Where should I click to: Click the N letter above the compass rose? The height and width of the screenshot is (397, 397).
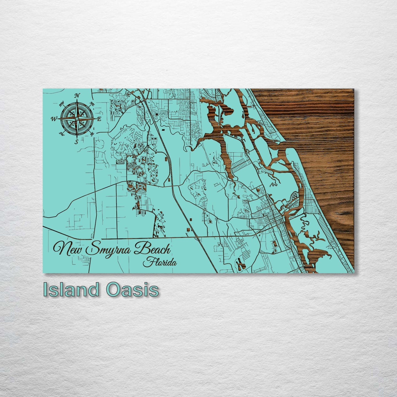pyautogui.click(x=77, y=95)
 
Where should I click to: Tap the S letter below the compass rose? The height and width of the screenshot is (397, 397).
pyautogui.click(x=77, y=142)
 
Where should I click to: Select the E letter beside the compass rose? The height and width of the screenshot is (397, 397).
pyautogui.click(x=99, y=119)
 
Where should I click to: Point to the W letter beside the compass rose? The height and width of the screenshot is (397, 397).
pyautogui.click(x=54, y=119)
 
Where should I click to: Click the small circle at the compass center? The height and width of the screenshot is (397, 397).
pyautogui.click(x=77, y=119)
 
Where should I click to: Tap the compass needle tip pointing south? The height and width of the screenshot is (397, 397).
pyautogui.click(x=77, y=138)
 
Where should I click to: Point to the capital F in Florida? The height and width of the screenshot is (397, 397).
pyautogui.click(x=148, y=262)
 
